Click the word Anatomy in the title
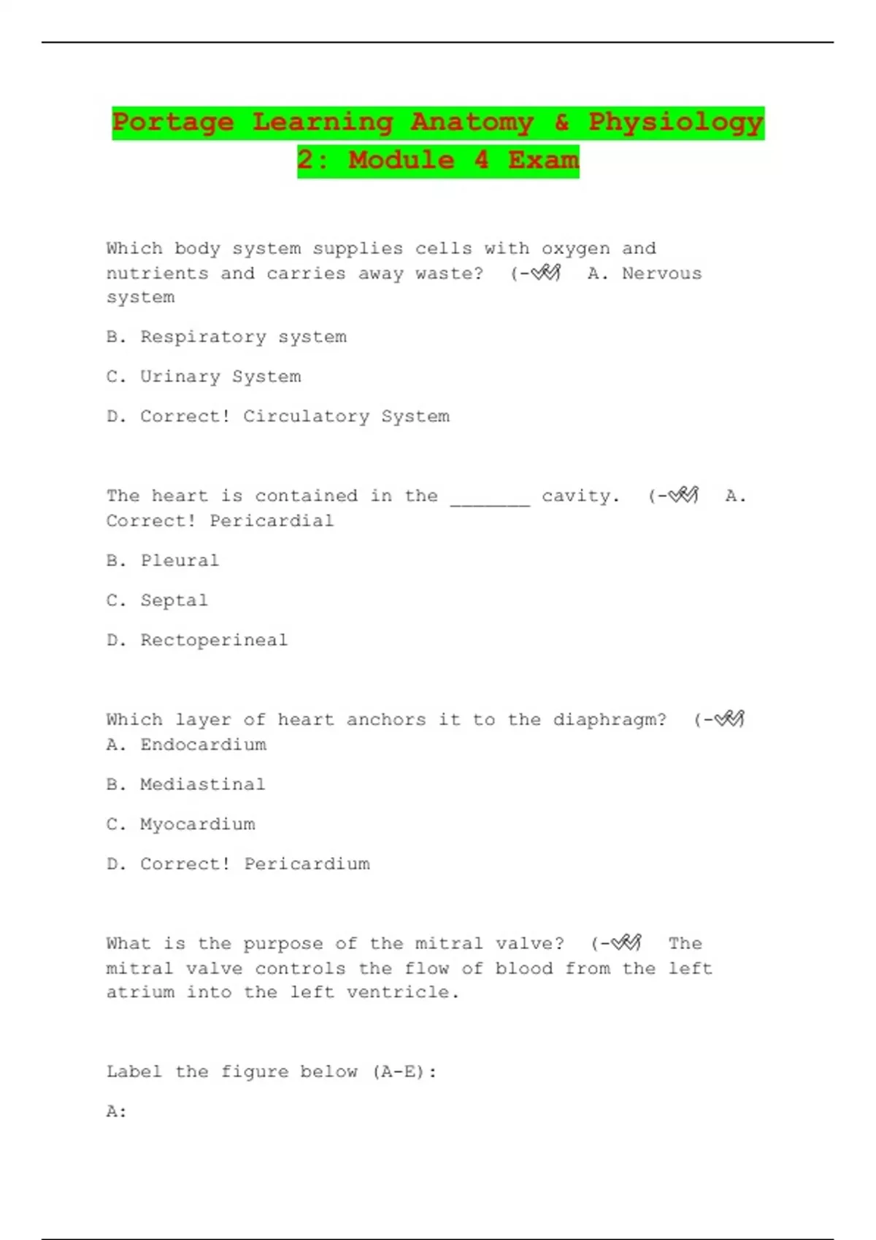coord(472,122)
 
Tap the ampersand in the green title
coord(561,122)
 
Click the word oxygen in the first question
coord(575,249)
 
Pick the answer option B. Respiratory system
coord(226,337)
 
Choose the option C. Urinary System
coord(204,377)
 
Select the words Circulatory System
coord(346,416)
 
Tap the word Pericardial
coord(272,521)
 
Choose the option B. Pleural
coord(163,561)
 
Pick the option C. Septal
coord(157,601)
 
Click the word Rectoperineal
coord(214,640)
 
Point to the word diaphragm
coord(610,720)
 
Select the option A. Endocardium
coord(186,745)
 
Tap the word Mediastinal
coord(202,785)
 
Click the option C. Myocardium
coord(181,824)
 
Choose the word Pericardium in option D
coord(307,864)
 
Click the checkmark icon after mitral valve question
coord(626,943)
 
